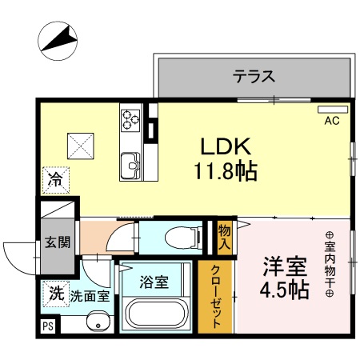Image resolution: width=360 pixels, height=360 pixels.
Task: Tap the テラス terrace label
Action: [x=254, y=77]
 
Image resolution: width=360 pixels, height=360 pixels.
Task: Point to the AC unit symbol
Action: [x=332, y=110]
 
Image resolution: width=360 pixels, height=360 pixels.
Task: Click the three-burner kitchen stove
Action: [x=130, y=119]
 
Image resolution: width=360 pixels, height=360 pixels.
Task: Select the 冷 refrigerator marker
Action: [x=57, y=179]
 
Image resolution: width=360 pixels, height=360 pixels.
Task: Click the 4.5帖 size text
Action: [x=286, y=290]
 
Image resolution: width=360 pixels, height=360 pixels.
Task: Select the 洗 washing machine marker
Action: [x=57, y=293]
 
